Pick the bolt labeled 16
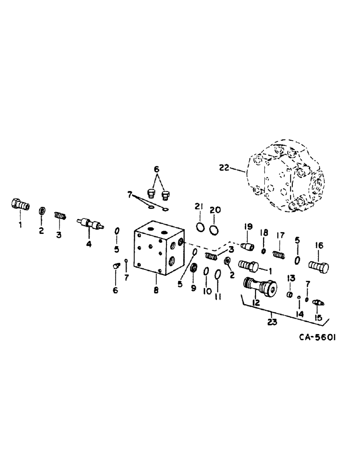pos(319,267)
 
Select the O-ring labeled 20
pos(214,229)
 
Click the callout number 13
pos(291,278)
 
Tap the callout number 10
pos(206,291)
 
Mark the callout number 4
pos(89,244)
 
